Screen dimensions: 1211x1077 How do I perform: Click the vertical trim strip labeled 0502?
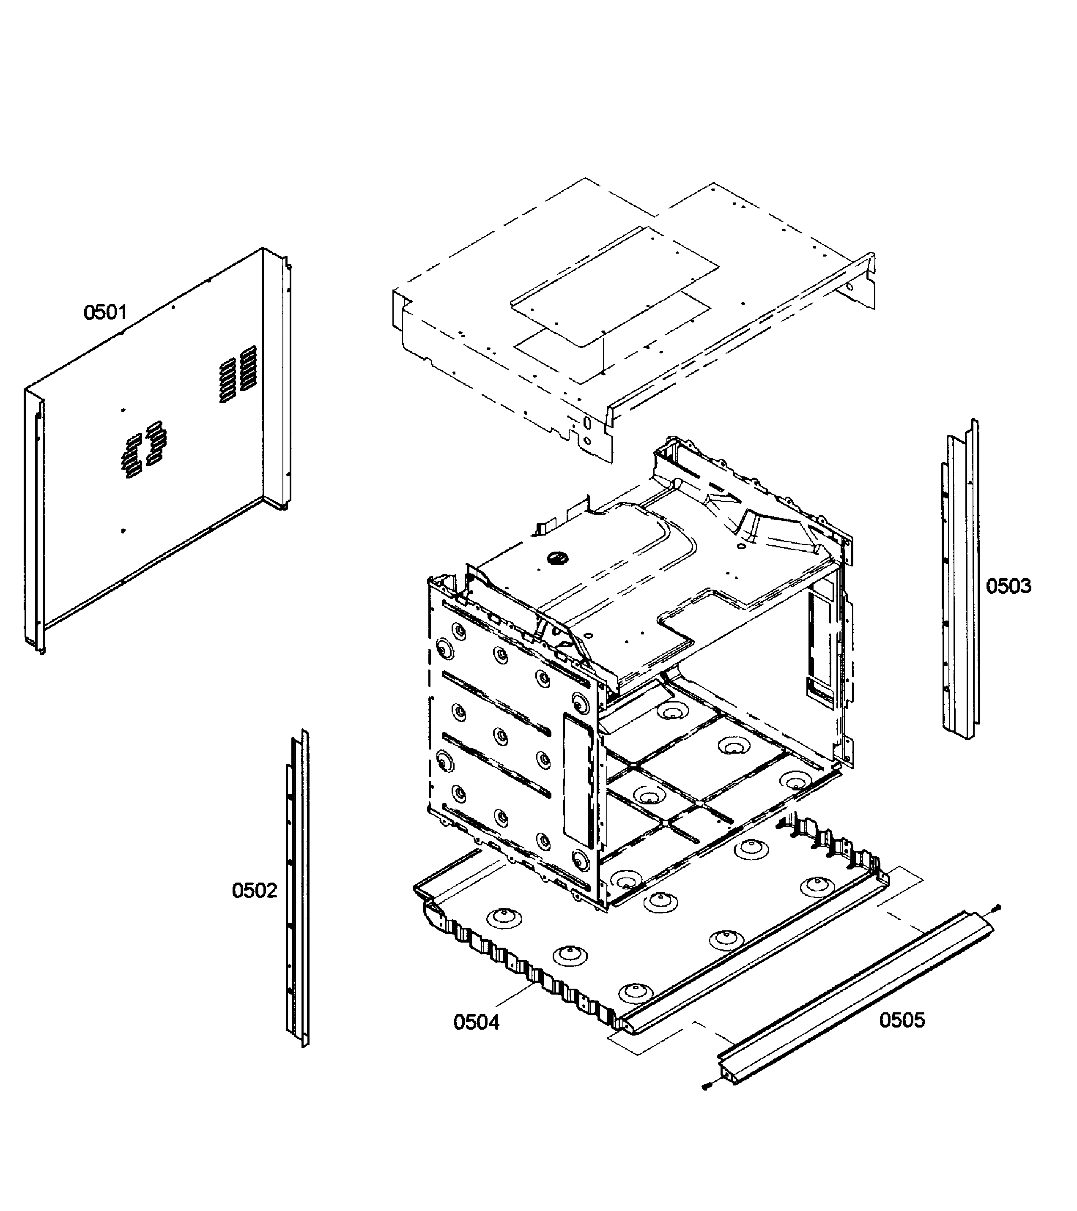click(298, 888)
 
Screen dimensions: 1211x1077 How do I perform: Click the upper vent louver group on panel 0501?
click(238, 375)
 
